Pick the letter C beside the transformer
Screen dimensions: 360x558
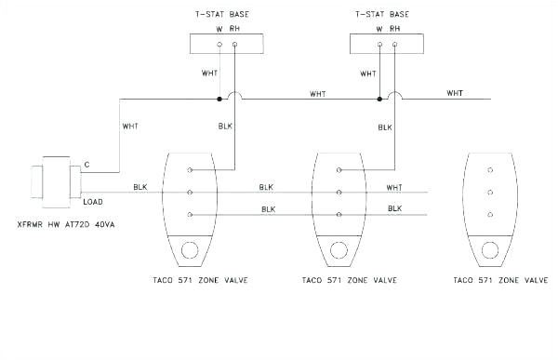click(86, 166)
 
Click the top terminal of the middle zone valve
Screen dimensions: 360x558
click(339, 170)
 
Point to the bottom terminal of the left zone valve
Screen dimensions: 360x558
click(190, 215)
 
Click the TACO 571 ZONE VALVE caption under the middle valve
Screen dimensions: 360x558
click(351, 280)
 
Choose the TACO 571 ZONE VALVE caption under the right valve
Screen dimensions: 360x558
click(499, 280)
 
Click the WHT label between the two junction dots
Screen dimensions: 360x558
click(318, 94)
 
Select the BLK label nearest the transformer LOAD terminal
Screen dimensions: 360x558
click(140, 187)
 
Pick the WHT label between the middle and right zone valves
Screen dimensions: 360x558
click(395, 187)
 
